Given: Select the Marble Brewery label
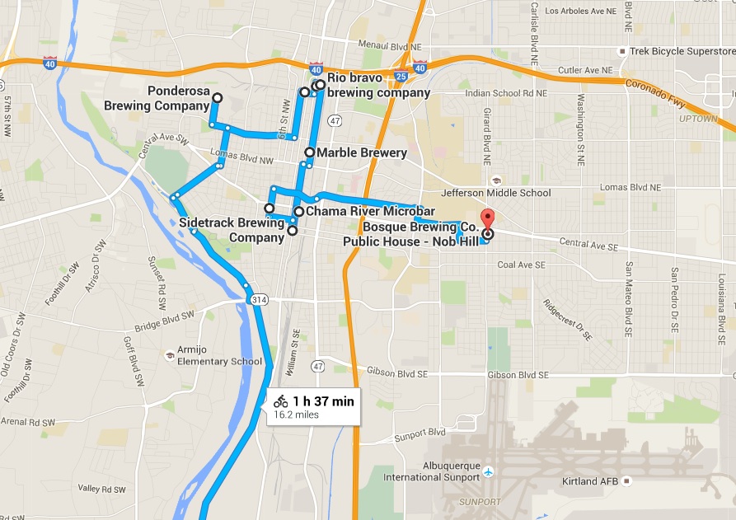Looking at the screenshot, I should click(x=362, y=152).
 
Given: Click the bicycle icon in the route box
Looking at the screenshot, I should click(x=281, y=401).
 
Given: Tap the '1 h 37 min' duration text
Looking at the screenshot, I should click(x=323, y=401).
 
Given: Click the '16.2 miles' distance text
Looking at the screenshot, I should click(x=296, y=415).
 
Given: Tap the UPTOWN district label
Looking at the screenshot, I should click(x=699, y=119).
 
